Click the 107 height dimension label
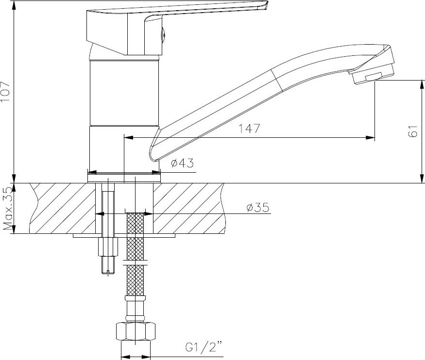point(5,91)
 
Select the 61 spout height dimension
point(412,131)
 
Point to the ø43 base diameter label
point(183,163)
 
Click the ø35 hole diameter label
point(258,207)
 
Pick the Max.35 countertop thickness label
point(8,209)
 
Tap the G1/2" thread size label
point(204,347)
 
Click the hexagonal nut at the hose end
point(136,331)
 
